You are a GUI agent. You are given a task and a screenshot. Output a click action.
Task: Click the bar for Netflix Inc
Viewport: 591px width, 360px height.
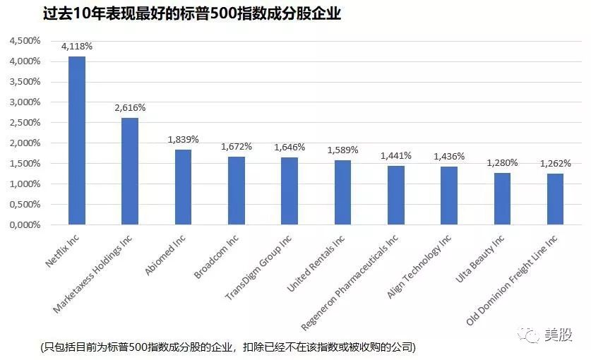pos(76,140)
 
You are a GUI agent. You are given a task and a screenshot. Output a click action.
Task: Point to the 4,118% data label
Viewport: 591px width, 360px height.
pos(76,47)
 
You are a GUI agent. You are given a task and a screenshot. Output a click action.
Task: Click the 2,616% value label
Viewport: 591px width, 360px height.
pos(130,108)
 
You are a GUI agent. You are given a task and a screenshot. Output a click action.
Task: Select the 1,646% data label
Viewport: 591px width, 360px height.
pos(289,148)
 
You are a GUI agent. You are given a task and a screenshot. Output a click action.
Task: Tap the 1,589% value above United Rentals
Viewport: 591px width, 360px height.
pos(342,150)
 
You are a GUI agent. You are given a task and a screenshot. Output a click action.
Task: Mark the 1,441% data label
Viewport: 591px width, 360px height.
pos(396,156)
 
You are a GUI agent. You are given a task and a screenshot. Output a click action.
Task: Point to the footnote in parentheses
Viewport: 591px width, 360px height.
pos(228,347)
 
